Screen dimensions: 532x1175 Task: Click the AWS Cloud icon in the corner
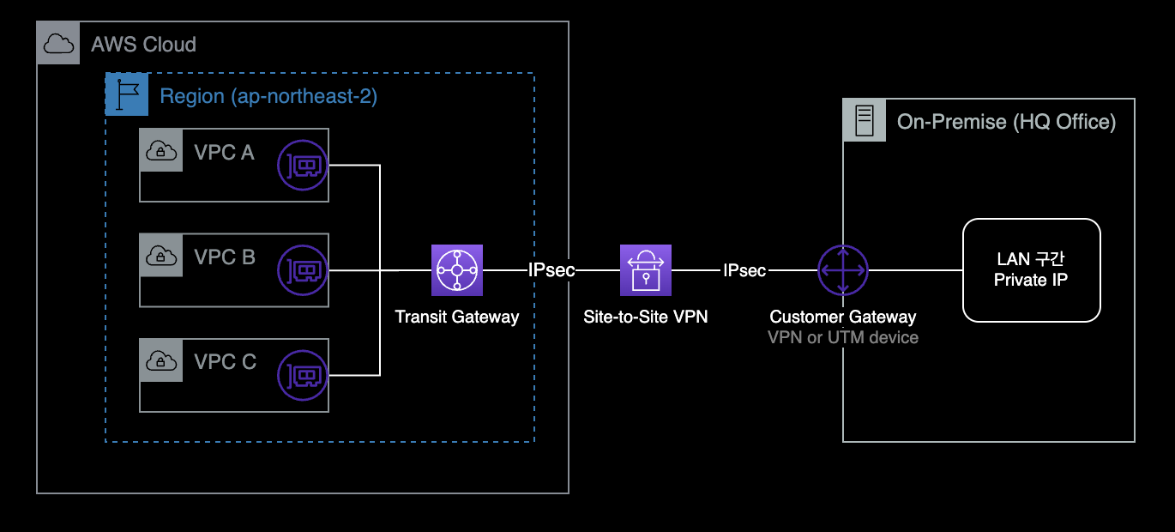click(58, 44)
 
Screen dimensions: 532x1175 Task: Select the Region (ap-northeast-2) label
click(268, 95)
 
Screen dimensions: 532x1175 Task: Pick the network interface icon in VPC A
click(303, 166)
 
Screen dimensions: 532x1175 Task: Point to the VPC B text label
click(225, 257)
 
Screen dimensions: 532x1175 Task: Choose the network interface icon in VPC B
click(303, 270)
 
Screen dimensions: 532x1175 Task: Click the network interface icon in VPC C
click(303, 375)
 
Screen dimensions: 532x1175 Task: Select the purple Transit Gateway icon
click(457, 270)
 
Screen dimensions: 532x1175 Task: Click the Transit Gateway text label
click(457, 317)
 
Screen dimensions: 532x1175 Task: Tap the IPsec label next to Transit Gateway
click(551, 270)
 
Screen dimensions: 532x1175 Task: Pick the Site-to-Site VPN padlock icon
click(646, 270)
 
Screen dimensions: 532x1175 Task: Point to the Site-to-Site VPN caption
click(646, 317)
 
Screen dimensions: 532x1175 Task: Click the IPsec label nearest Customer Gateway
click(744, 270)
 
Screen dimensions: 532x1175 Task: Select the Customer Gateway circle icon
click(843, 270)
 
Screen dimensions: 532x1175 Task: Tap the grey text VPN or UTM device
click(843, 337)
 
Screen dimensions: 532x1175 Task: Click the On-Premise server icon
click(865, 120)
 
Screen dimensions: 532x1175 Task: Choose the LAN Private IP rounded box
click(1031, 270)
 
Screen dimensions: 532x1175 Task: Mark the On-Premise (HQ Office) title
click(1006, 122)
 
